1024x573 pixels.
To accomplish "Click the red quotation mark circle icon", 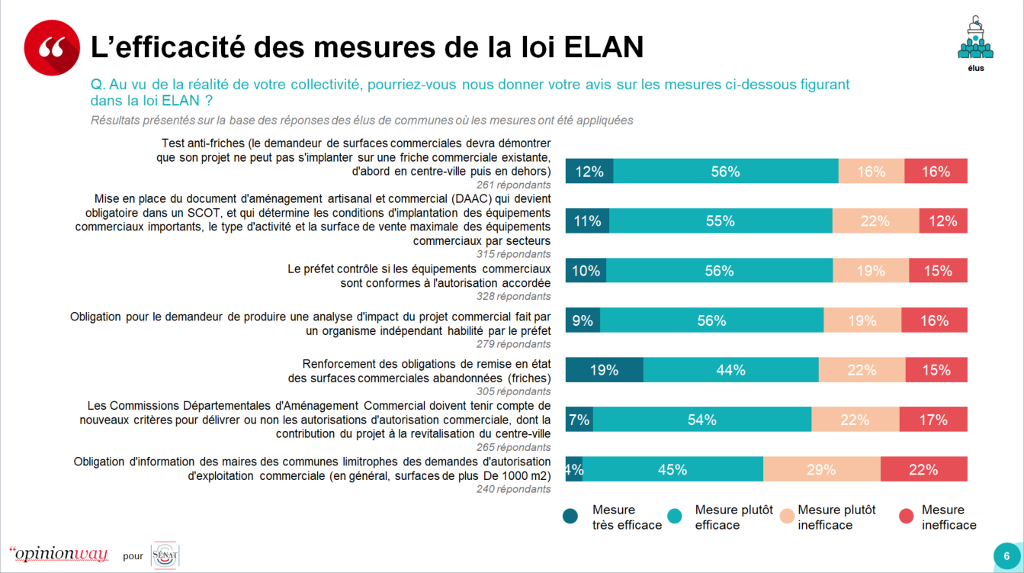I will click(52, 47).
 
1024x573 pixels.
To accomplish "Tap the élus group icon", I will click(975, 40).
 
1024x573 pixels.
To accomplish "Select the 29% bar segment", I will click(821, 469).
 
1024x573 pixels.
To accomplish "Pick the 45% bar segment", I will click(673, 469).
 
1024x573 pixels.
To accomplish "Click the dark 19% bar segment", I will click(604, 370).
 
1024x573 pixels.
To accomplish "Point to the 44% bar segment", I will click(730, 370).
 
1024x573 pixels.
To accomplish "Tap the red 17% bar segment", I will click(933, 420).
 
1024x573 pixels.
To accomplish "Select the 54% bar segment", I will click(701, 420).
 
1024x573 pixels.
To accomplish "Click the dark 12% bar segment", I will click(589, 172).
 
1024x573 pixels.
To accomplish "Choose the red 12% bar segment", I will click(943, 221).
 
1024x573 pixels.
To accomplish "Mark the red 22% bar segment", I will click(923, 469).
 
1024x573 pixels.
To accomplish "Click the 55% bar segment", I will click(721, 221).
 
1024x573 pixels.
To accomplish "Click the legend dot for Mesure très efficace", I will click(570, 517).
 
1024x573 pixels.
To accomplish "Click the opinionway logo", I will click(58, 553).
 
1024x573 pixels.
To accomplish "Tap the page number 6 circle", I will click(1006, 555).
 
